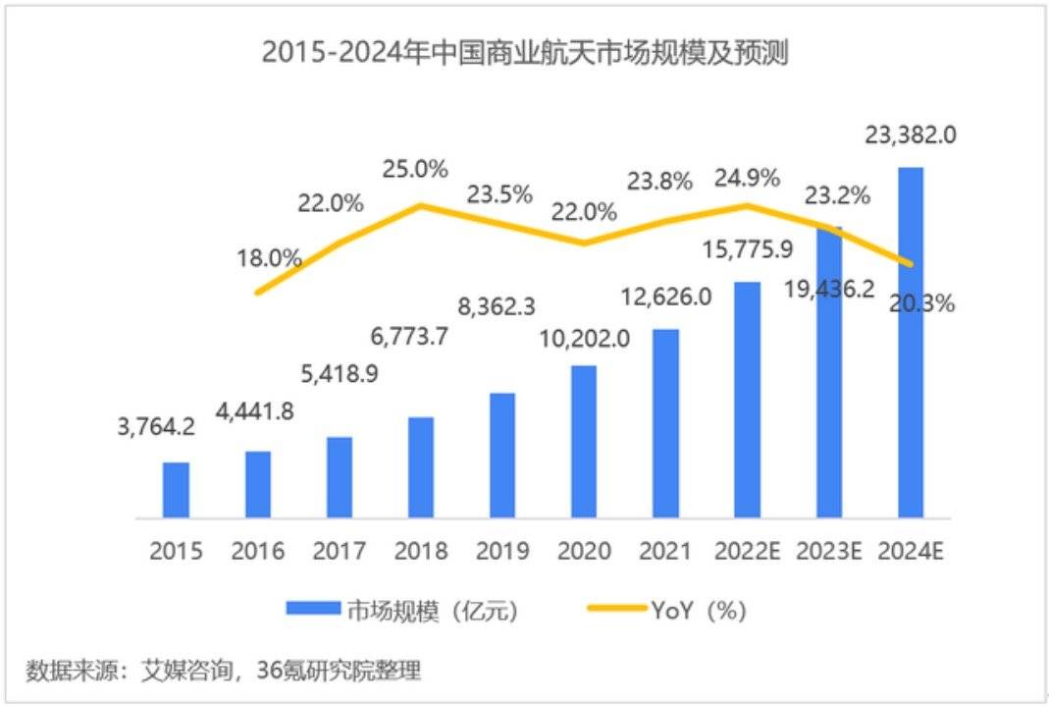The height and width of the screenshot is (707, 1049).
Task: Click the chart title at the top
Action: point(524,51)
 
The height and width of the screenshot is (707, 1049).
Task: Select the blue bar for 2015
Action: point(177,489)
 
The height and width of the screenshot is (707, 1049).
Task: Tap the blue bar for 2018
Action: point(421,466)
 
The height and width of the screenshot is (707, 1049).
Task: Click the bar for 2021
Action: point(665,422)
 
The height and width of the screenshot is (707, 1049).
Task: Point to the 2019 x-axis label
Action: point(502,551)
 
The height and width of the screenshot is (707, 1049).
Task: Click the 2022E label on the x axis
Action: point(747,551)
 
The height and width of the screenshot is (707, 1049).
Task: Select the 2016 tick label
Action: point(258,551)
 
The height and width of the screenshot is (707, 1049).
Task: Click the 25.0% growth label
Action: point(419,169)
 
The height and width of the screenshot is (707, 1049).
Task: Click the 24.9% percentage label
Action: point(748,178)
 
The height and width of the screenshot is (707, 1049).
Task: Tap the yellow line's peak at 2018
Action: point(421,205)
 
